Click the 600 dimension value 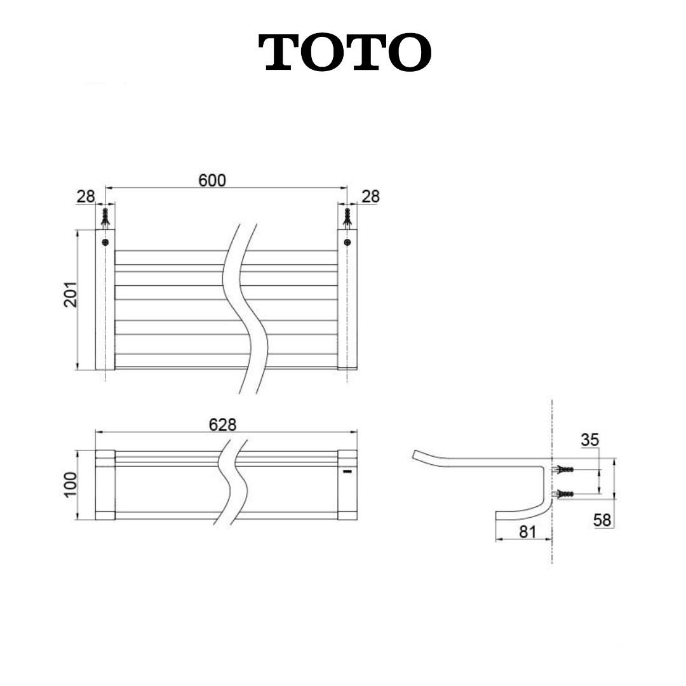(212, 180)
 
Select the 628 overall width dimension (223, 425)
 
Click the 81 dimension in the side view (528, 532)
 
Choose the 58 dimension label (602, 520)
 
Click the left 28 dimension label (86, 197)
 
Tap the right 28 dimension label (370, 197)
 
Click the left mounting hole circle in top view (105, 242)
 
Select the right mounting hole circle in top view (347, 242)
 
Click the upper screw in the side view (564, 470)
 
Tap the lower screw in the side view (564, 494)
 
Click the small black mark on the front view (346, 472)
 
